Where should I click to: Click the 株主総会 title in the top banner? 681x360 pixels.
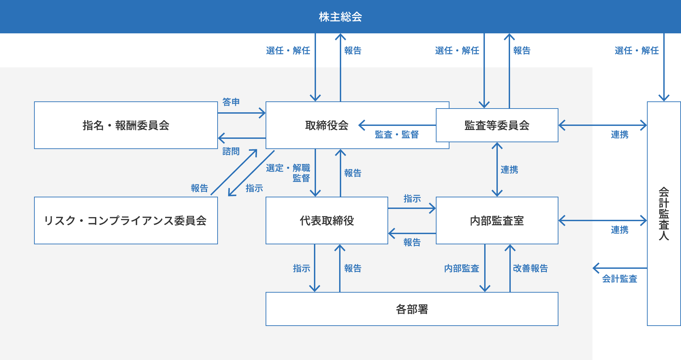click(340, 17)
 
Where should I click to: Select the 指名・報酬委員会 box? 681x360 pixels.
click(126, 125)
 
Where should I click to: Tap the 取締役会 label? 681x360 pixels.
click(327, 125)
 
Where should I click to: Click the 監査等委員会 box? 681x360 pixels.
click(497, 125)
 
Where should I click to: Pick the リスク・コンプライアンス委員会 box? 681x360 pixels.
click(126, 220)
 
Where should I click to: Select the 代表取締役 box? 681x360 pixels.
click(327, 220)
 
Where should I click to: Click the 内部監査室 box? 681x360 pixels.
click(497, 220)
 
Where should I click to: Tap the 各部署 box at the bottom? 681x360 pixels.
click(412, 309)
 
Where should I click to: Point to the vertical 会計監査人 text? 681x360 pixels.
click(664, 214)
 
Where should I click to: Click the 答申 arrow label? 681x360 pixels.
click(231, 102)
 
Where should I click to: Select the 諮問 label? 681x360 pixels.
click(231, 151)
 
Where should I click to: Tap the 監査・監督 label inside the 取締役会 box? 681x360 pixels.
click(397, 135)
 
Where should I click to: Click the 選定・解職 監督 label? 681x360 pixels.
click(288, 173)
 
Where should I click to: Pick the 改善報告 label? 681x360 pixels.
click(530, 268)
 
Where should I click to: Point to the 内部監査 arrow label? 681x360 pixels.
click(461, 268)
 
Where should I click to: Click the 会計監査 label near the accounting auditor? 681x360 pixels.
click(619, 279)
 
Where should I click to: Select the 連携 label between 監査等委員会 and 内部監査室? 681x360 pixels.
click(509, 169)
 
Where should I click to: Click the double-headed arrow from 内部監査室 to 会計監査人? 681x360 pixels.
click(603, 220)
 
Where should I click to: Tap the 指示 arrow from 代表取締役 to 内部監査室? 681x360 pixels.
click(412, 208)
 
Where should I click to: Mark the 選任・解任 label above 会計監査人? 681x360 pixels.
click(636, 51)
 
